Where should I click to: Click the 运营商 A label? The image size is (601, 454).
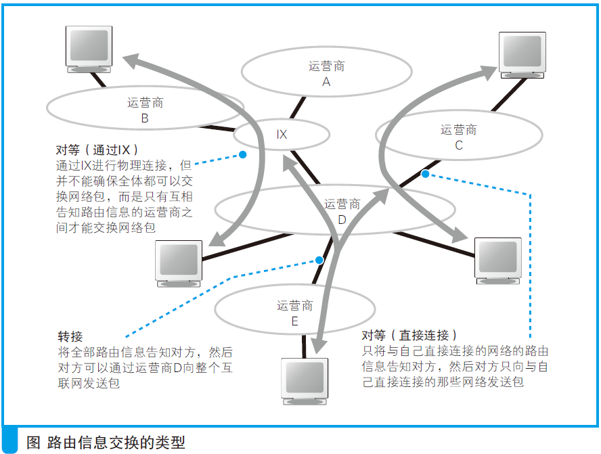click(x=326, y=74)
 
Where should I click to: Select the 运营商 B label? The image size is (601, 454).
click(x=145, y=110)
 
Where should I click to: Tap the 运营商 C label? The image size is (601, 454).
click(x=458, y=137)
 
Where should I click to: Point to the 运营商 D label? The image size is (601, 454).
click(x=342, y=211)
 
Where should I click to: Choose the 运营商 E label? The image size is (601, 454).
click(x=294, y=313)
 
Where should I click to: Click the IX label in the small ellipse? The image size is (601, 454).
click(x=282, y=135)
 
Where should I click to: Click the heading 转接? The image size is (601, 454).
click(x=70, y=336)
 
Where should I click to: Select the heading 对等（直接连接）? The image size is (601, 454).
click(x=409, y=336)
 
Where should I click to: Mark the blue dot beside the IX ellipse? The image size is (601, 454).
click(x=242, y=155)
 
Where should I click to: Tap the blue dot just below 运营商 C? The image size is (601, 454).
click(x=425, y=174)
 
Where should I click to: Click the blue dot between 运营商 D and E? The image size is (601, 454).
click(x=319, y=260)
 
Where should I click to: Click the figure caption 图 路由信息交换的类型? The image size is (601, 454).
click(x=105, y=442)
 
